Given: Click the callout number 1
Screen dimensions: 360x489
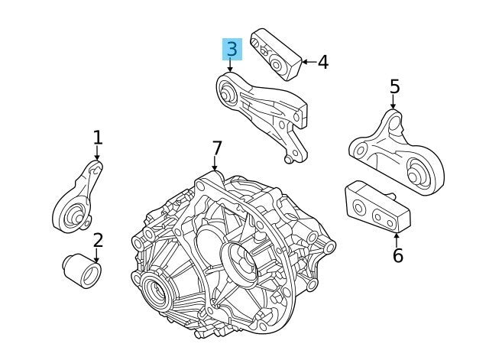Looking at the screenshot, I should point(97,138).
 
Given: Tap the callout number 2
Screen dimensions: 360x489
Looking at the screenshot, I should point(98,241).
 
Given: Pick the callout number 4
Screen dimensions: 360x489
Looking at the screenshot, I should point(322,62).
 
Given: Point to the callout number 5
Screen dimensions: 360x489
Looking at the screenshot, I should point(394,87).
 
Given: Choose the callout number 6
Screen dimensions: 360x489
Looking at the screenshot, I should point(397,255).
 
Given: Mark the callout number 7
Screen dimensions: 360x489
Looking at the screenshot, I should point(216,147).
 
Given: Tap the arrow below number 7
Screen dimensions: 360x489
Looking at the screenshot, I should point(215,164).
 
